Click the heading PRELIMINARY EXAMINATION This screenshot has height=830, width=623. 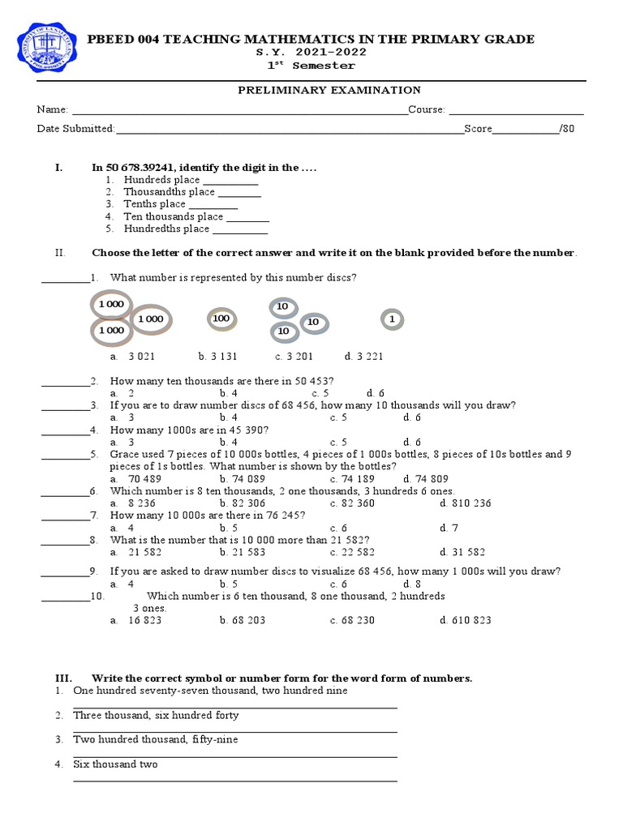click(x=329, y=90)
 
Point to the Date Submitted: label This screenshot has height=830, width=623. click(x=75, y=129)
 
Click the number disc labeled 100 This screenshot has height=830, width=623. click(x=221, y=319)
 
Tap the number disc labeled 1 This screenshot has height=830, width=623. click(x=392, y=320)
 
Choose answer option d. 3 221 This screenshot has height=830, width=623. click(x=363, y=356)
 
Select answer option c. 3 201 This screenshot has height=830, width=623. click(x=294, y=356)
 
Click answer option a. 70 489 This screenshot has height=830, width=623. click(x=135, y=479)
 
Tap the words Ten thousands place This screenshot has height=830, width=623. click(x=173, y=216)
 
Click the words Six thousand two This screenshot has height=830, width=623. click(x=115, y=764)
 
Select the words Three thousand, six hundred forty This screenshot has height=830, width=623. click(x=156, y=716)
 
